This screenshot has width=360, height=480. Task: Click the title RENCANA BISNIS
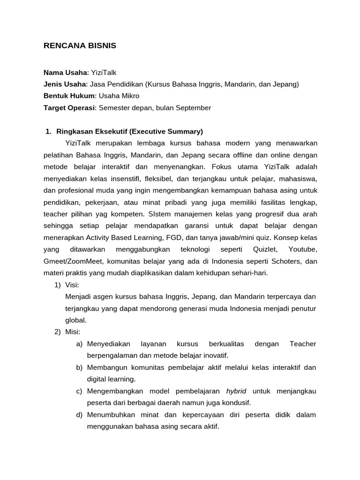click(x=80, y=46)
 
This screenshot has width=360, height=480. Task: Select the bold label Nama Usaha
click(x=65, y=72)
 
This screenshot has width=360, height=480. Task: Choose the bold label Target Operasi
click(x=69, y=108)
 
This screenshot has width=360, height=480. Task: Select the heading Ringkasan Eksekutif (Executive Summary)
click(x=129, y=131)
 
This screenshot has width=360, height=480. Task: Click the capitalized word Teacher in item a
click(x=303, y=344)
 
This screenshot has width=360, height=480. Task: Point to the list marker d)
click(x=80, y=415)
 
